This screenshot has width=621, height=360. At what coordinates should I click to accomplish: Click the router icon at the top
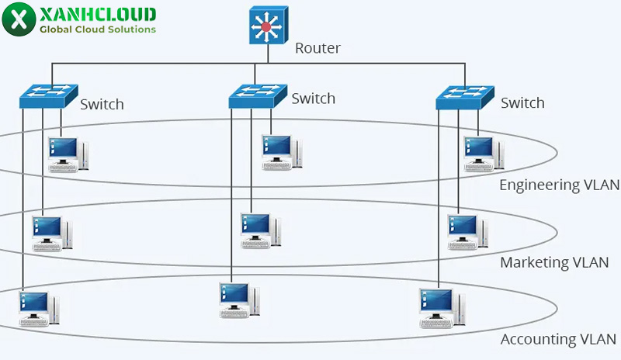[267, 26]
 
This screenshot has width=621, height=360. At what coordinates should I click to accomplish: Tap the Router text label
[317, 48]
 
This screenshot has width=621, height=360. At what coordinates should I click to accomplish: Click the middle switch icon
[258, 95]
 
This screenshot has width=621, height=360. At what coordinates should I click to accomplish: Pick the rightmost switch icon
[465, 96]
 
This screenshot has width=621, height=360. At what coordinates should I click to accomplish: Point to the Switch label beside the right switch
[522, 102]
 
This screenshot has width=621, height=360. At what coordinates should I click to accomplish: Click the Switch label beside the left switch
[102, 104]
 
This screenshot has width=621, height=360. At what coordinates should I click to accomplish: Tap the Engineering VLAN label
[559, 185]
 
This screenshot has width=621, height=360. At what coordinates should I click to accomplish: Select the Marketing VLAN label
[555, 262]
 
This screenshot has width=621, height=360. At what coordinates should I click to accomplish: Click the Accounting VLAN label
[558, 340]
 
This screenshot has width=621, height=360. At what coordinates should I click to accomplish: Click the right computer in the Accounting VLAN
[439, 307]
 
